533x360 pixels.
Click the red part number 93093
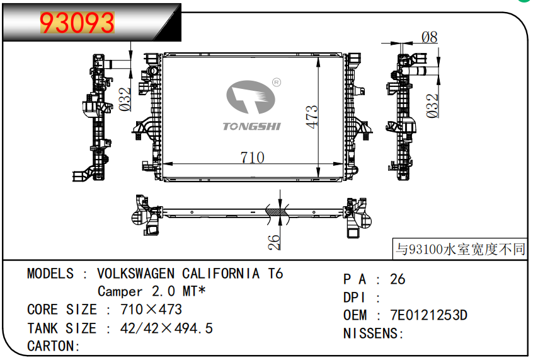(x=77, y=24)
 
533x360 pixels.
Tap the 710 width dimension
(x=252, y=158)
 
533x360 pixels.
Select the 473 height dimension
(x=312, y=117)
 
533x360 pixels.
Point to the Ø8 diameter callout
(x=429, y=37)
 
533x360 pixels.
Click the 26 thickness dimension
(x=274, y=242)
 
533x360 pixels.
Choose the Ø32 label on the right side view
(x=432, y=106)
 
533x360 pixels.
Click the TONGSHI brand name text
(x=252, y=127)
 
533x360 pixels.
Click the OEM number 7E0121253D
(x=428, y=315)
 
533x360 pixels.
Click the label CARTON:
(x=54, y=346)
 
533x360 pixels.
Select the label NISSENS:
(x=372, y=334)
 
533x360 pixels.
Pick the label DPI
(x=355, y=297)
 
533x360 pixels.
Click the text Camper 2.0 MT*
(x=152, y=292)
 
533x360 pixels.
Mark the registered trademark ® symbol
(x=276, y=82)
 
